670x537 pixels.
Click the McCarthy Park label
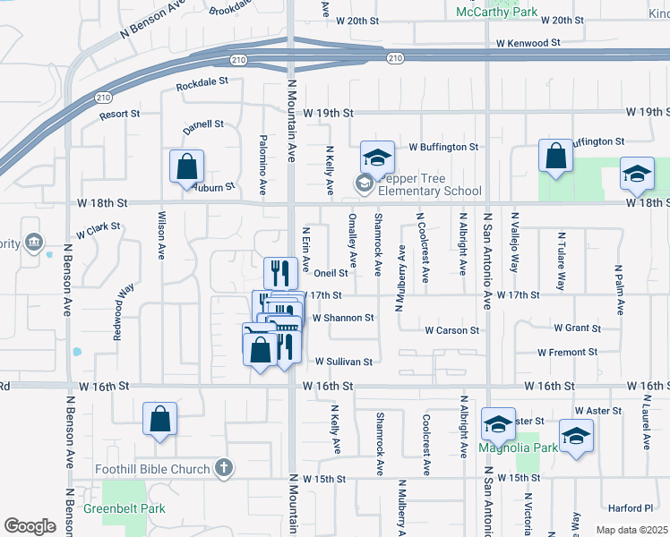pos(496,11)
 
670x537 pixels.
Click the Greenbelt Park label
pos(125,508)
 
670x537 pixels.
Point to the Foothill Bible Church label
pos(152,469)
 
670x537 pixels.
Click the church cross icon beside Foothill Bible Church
pos(223,468)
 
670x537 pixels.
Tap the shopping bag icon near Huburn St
pos(186,166)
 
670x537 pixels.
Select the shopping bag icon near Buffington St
pos(555,155)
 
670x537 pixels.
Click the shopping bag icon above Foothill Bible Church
pos(159,419)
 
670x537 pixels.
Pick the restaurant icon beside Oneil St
pos(280,272)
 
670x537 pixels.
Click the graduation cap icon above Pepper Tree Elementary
pos(377,157)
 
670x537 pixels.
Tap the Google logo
pos(30,526)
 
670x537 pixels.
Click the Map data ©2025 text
pos(631,530)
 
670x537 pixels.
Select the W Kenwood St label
pos(529,42)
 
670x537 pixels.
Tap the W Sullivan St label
pos(343,362)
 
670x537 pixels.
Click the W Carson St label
pos(452,330)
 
